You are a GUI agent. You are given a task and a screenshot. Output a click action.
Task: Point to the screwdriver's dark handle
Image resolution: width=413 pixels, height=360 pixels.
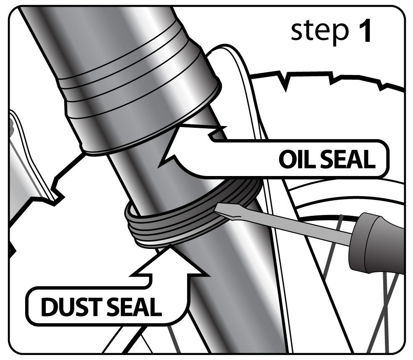[x=377, y=243]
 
